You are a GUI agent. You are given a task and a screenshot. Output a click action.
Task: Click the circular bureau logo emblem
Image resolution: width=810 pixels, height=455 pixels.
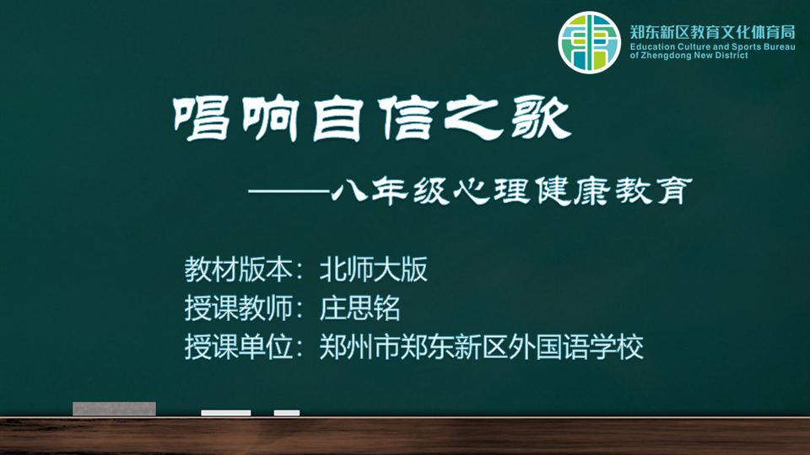(589, 42)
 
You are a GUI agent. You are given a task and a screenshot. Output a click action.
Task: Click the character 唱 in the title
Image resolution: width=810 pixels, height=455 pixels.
(202, 119)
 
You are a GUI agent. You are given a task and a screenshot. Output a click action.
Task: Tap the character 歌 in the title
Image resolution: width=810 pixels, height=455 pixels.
(541, 119)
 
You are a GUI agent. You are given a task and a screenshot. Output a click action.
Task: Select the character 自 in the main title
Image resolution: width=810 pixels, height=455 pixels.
(337, 119)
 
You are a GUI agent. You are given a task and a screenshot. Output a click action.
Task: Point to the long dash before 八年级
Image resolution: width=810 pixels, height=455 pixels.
(289, 191)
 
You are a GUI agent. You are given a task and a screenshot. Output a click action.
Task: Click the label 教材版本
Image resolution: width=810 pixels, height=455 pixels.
(239, 270)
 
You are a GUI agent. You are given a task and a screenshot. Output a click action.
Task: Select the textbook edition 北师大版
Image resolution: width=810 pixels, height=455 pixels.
(374, 270)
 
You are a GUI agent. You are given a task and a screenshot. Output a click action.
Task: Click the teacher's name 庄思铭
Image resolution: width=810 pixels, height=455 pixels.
(359, 308)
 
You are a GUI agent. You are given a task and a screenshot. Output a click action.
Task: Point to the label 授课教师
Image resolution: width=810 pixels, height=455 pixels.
(239, 308)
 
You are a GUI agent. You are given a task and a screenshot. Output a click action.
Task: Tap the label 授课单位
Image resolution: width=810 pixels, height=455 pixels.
(239, 346)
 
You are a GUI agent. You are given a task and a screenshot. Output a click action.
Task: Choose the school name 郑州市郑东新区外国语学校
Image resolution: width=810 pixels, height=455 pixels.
(482, 346)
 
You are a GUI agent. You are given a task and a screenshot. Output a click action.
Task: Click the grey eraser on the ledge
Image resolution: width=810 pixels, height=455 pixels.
(114, 409)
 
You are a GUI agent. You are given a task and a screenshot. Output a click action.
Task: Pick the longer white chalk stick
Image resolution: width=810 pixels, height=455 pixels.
(226, 413)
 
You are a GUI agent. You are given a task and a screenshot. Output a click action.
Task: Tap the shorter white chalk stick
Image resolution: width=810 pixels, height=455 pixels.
(287, 413)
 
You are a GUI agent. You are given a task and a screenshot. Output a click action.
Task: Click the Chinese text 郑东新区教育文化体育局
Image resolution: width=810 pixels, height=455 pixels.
(712, 32)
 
